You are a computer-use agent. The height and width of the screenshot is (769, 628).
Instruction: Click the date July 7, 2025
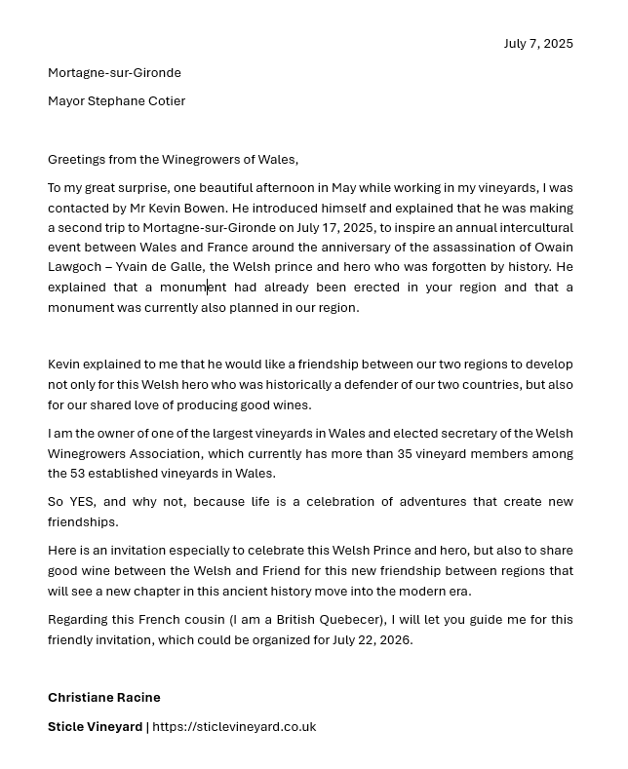538,44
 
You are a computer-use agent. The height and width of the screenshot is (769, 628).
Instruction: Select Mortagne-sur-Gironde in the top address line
114,73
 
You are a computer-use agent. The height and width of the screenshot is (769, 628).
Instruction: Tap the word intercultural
535,228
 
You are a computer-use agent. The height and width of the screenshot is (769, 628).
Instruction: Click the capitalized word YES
82,502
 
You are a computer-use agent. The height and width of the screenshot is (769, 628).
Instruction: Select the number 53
78,474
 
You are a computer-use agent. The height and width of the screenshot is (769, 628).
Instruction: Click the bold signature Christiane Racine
104,698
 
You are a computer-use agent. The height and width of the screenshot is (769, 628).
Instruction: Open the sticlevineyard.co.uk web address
234,727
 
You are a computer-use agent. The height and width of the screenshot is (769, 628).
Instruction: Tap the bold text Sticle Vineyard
95,727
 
